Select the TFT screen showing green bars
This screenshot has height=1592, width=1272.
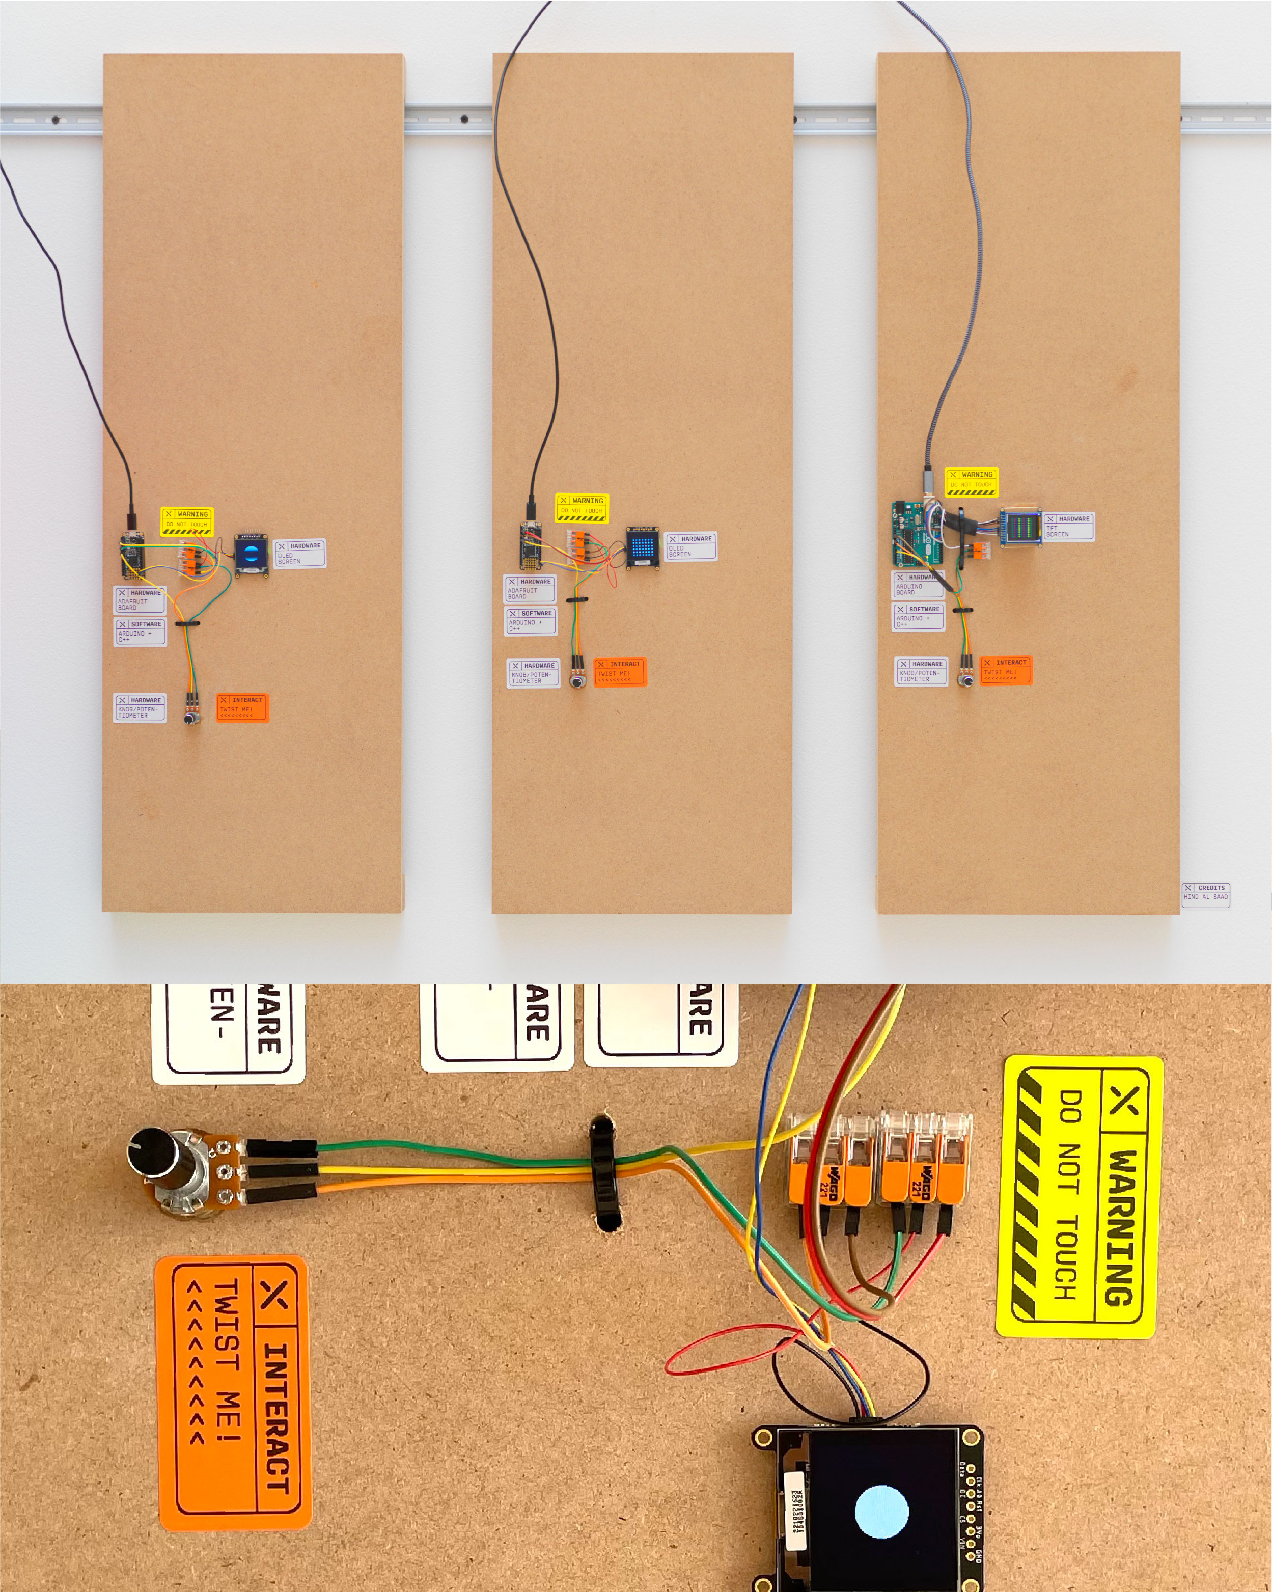[x=1021, y=527]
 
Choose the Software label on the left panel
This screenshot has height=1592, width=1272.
[x=140, y=632]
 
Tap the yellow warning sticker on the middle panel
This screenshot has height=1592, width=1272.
[x=582, y=508]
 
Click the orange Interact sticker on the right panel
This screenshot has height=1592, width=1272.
[x=1006, y=671]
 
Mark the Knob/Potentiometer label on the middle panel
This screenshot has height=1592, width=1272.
[x=532, y=673]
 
